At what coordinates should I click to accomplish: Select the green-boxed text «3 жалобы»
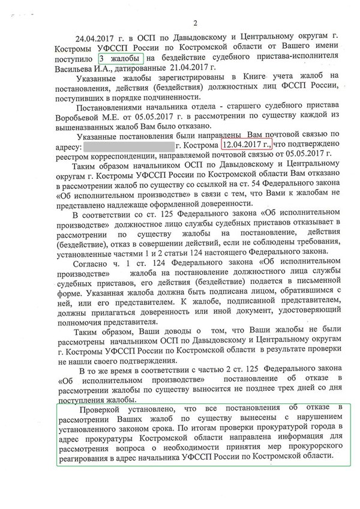coord(121,59)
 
